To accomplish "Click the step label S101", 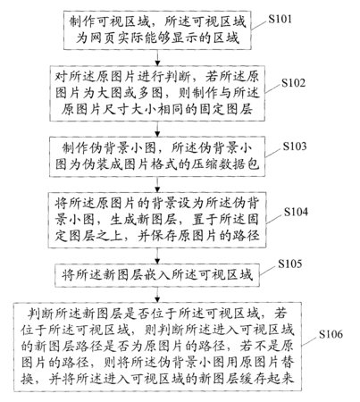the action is (x=280, y=19).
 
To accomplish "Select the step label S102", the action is (x=294, y=83).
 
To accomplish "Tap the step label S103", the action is (x=295, y=147).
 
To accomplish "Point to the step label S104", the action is (x=296, y=212).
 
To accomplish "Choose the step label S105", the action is (x=289, y=264).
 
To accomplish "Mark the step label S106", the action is (x=331, y=334).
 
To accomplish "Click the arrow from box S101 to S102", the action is (x=157, y=58).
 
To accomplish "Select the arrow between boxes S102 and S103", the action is (x=157, y=129).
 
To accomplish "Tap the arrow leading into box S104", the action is (x=157, y=185).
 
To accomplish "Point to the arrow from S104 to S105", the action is (x=157, y=255).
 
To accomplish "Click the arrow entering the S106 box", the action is (x=157, y=295).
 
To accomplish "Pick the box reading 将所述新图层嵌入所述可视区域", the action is (x=157, y=275).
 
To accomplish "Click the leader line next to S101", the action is (x=259, y=25).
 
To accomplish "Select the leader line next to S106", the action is (x=309, y=341).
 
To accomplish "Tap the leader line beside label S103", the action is (x=272, y=153).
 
